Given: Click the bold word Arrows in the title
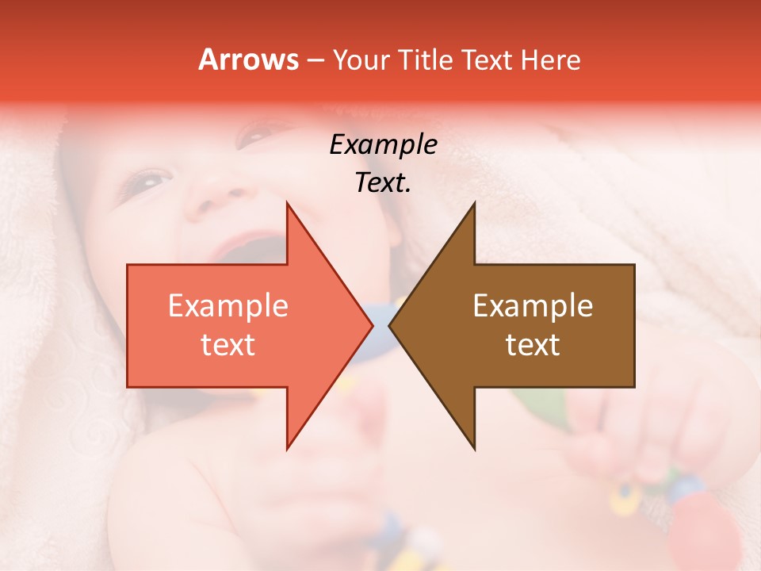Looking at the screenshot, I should click(249, 59).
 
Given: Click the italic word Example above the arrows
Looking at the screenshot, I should click(383, 145).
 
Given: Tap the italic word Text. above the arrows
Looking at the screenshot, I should click(383, 182).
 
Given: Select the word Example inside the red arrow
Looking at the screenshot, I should click(228, 306).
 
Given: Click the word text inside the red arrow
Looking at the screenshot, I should click(228, 345).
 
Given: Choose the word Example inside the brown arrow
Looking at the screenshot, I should click(533, 306).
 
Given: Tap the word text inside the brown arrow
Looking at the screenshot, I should click(533, 345).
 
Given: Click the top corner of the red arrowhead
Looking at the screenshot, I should click(287, 203).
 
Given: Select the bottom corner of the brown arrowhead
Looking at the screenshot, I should click(474, 449).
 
